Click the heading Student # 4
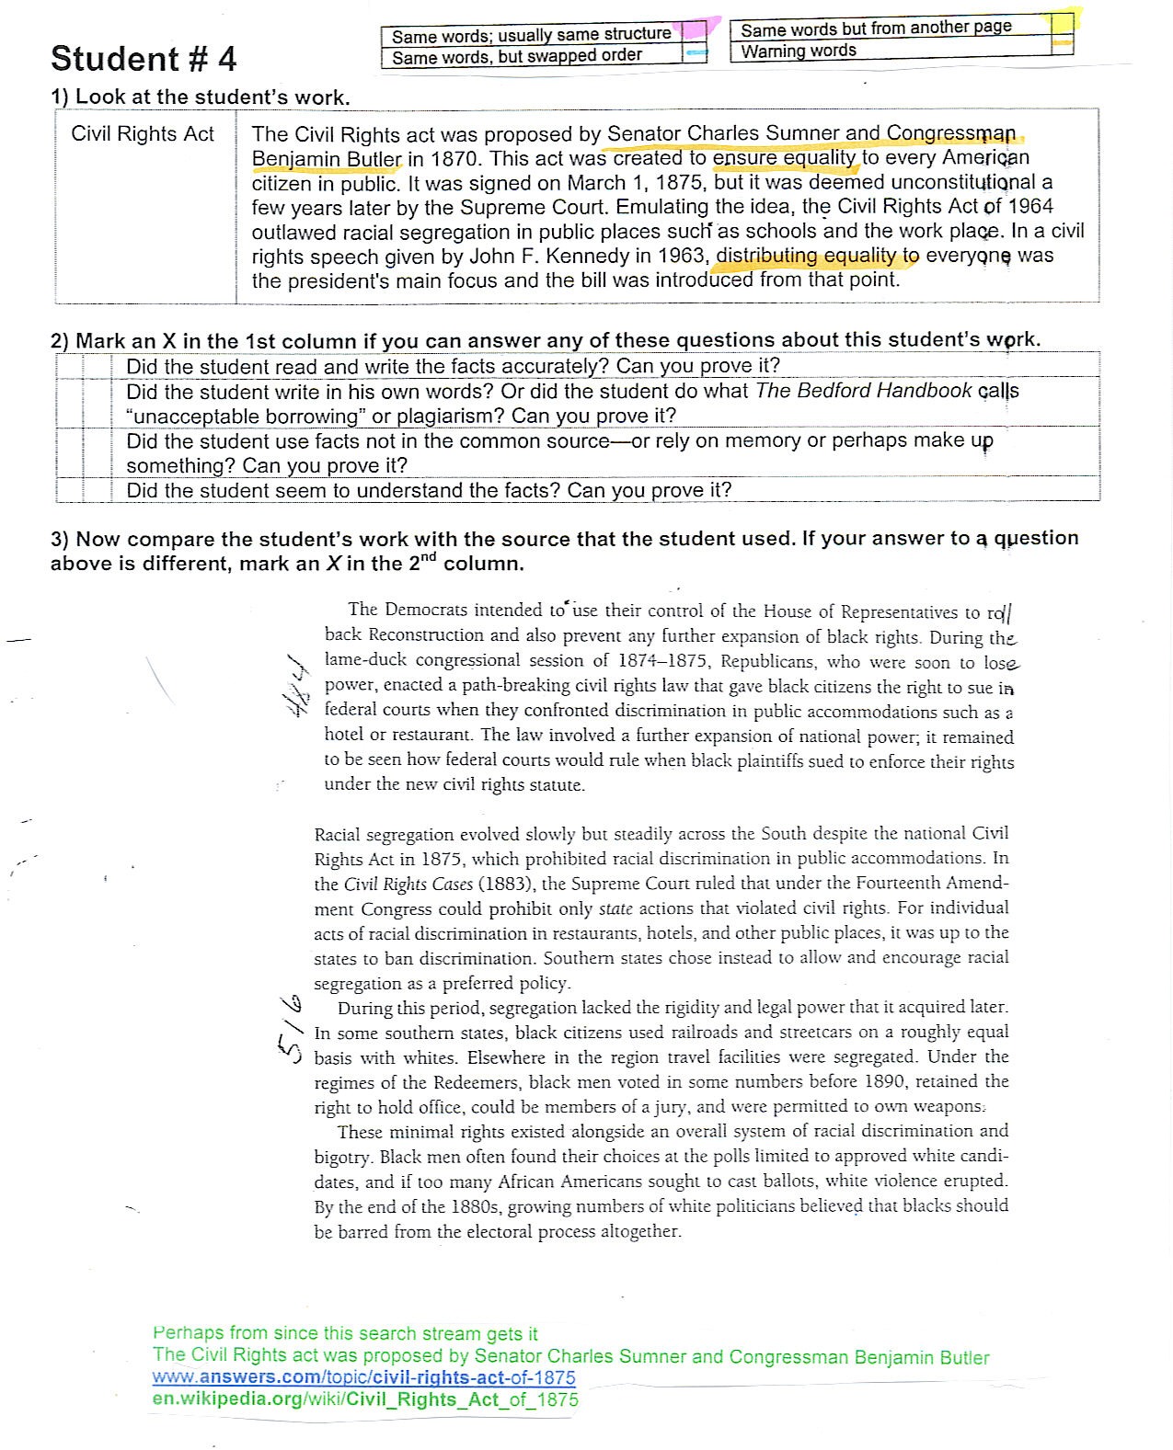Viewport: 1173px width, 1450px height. click(144, 59)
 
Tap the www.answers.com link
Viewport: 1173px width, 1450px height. click(363, 1377)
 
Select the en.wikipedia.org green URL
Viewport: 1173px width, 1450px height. click(365, 1399)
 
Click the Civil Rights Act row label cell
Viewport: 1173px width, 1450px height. click(143, 134)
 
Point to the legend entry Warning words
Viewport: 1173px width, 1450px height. click(799, 51)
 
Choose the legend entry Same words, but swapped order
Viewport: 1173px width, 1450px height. click(516, 56)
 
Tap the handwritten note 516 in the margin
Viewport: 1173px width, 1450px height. click(289, 1027)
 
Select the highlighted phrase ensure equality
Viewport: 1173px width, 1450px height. click(784, 158)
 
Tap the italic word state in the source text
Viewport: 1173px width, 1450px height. click(615, 908)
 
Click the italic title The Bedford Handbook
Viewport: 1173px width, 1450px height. click(863, 391)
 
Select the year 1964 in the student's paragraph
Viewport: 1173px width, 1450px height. click(1030, 206)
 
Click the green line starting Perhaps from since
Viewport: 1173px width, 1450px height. click(345, 1333)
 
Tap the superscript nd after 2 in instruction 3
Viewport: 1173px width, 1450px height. click(428, 557)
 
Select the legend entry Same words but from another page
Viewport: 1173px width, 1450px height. click(876, 29)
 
